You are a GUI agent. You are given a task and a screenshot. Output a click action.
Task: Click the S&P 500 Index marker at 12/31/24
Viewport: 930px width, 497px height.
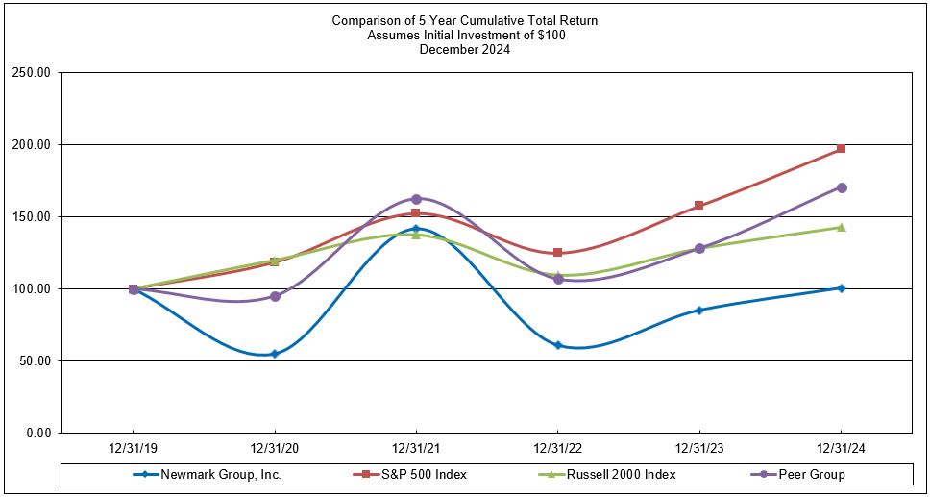[842, 149]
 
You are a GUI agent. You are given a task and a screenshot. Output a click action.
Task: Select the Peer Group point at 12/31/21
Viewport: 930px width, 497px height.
[416, 199]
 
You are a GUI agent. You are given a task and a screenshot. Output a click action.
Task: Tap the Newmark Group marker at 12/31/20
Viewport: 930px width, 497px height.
[275, 354]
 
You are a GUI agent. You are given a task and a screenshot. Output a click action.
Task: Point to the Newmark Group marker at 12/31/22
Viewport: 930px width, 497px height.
[558, 345]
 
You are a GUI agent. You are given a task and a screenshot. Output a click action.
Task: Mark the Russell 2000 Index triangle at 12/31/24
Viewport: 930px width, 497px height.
[842, 227]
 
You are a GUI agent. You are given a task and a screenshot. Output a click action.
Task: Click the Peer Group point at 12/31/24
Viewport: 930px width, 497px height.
[842, 187]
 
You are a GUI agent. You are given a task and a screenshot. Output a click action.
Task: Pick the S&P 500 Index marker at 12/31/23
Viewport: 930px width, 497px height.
[699, 206]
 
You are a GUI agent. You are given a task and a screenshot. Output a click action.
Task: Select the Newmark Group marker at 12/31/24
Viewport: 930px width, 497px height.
[842, 288]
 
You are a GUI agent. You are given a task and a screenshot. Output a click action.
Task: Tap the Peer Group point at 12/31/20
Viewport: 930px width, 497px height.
[275, 296]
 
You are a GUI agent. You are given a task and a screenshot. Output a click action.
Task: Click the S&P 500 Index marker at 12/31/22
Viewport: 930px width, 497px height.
[558, 253]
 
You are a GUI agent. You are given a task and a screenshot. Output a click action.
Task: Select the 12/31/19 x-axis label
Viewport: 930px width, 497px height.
[133, 448]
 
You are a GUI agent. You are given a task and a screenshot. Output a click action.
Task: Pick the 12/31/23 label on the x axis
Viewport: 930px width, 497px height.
[699, 448]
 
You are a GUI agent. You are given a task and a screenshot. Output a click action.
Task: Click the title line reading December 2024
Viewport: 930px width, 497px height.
[465, 50]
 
